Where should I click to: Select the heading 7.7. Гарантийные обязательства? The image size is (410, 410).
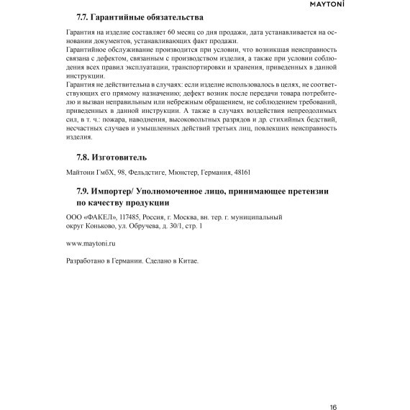click(x=140, y=17)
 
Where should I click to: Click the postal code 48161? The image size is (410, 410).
click(x=243, y=173)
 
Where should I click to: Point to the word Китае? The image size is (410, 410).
click(x=186, y=260)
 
